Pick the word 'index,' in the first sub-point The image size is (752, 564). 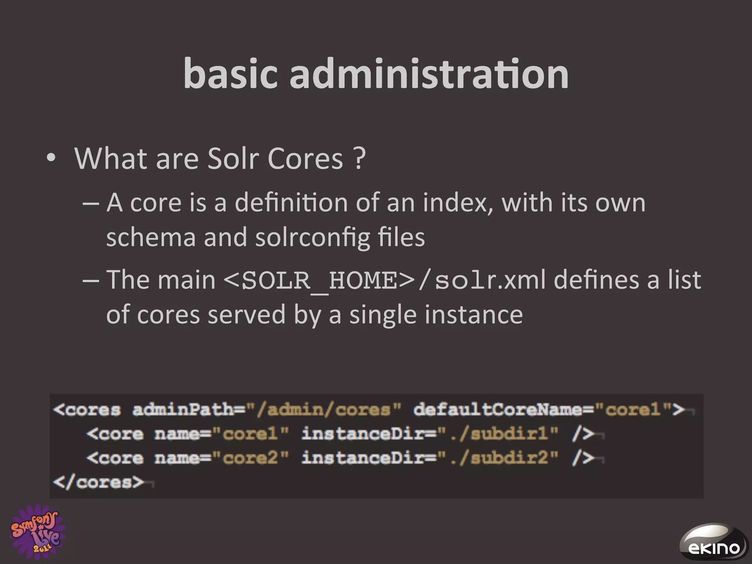point(458,203)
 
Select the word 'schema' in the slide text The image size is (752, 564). point(151,237)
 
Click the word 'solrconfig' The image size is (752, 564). point(312,238)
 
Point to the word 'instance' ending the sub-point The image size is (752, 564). point(474,315)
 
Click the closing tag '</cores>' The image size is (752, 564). point(98,482)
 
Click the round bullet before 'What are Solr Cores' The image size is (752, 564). point(51,159)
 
